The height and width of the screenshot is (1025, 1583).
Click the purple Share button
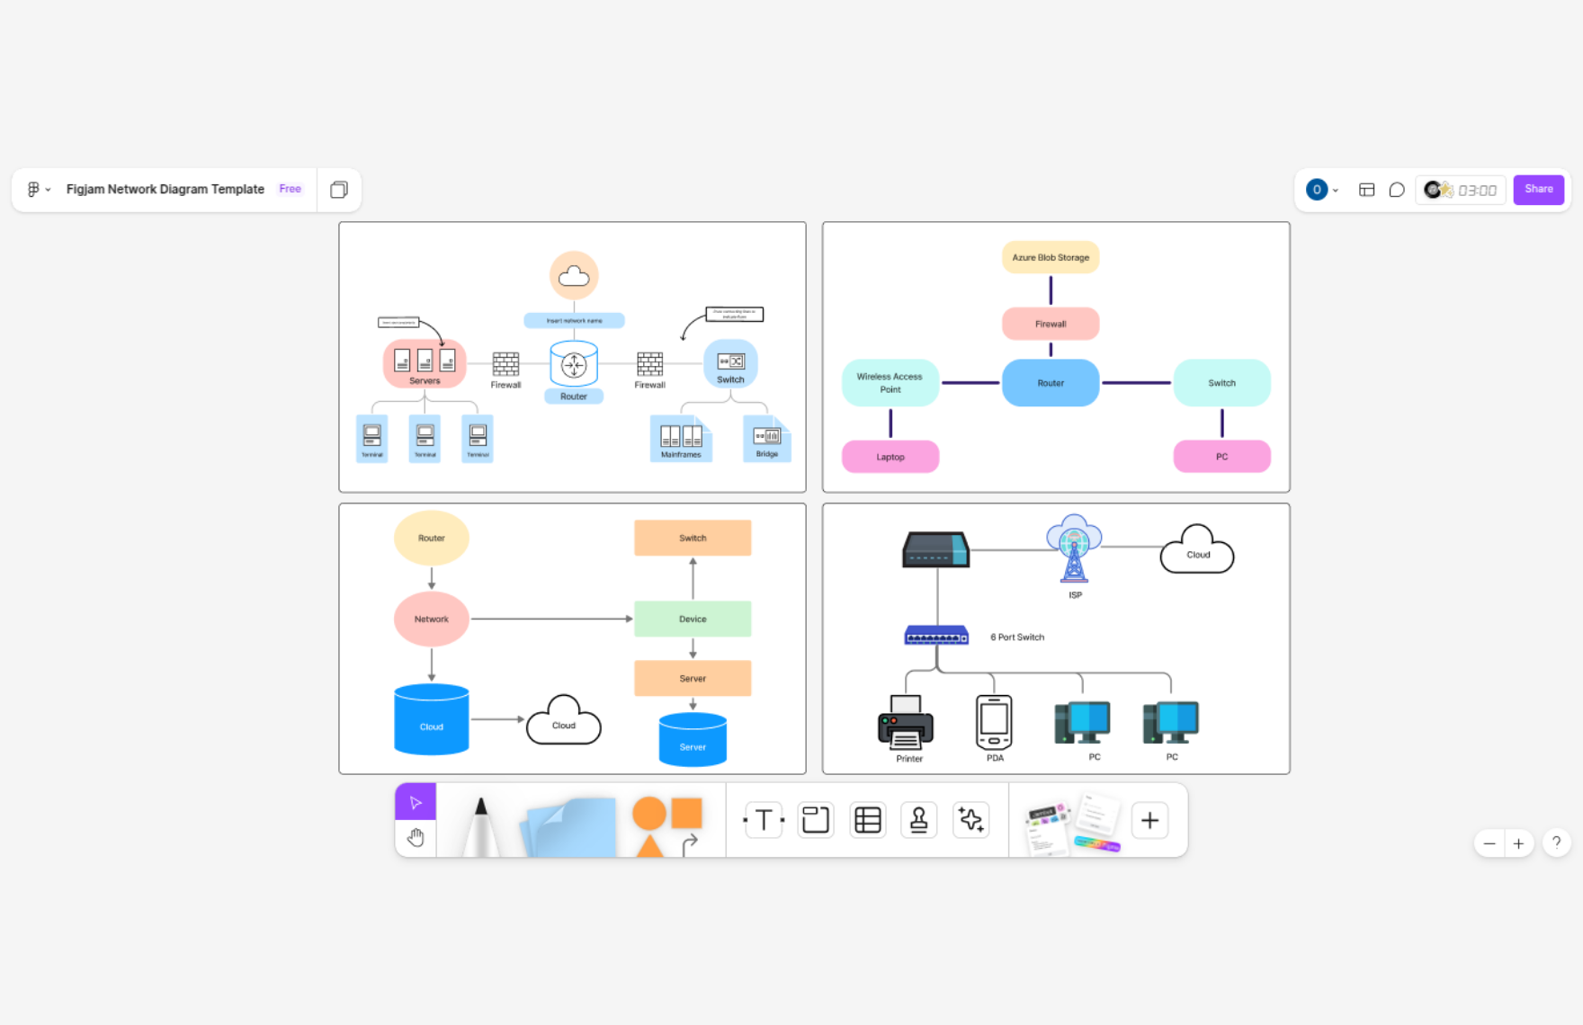point(1538,190)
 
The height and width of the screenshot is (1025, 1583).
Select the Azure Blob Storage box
point(1050,257)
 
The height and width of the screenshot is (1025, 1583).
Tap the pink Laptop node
point(890,457)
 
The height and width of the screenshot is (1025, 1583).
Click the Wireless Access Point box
point(890,383)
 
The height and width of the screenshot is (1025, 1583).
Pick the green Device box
point(692,619)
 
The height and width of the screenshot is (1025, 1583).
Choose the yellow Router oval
point(431,538)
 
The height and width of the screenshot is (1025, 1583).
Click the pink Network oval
point(431,619)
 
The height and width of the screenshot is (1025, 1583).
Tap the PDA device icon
point(994,722)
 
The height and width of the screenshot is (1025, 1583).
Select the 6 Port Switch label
point(1017,637)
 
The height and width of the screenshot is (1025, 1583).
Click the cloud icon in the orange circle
point(574,275)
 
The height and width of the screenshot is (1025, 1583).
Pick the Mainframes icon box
point(681,438)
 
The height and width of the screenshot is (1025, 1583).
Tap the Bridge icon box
point(766,438)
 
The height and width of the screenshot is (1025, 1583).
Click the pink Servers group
point(425,362)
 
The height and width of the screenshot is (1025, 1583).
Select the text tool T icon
point(764,820)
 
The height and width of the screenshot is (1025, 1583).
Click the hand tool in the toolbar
point(416,838)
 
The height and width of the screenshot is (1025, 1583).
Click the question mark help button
point(1556,843)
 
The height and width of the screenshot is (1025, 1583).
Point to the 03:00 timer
point(1477,191)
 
